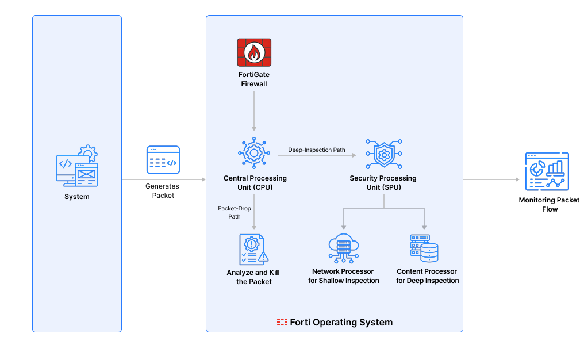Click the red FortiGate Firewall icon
tap(254, 52)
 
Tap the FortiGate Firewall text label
tap(254, 79)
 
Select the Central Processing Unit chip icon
tap(254, 153)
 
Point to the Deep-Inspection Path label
tap(317, 150)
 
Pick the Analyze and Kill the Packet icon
tap(253, 249)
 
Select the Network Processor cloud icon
tap(344, 248)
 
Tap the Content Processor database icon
tap(424, 248)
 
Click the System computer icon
tap(77, 167)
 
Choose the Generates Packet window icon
tap(163, 160)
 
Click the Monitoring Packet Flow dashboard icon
tap(547, 171)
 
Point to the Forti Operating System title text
tap(341, 322)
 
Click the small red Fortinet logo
tap(282, 322)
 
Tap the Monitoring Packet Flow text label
tap(549, 205)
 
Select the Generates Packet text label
tap(162, 191)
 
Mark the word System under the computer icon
tap(77, 197)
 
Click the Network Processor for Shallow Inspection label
tap(344, 276)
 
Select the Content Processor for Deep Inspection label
tap(427, 276)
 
